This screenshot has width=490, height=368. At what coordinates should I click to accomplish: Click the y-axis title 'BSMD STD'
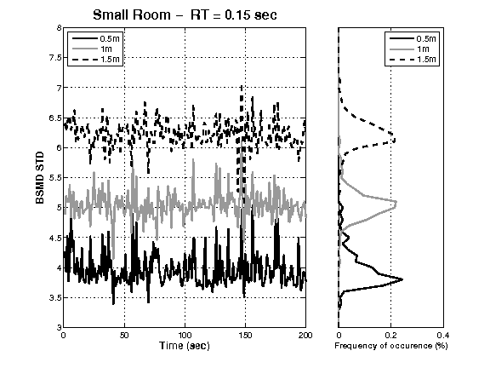(x=39, y=177)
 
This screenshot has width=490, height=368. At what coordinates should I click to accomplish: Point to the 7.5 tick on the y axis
(x=55, y=58)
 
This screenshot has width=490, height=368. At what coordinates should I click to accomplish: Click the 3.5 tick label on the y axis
(x=55, y=297)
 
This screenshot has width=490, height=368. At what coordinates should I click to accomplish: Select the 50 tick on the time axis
(x=124, y=335)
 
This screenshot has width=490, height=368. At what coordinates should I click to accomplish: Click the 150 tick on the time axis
(x=244, y=335)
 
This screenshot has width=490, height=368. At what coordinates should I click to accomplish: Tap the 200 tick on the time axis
(x=304, y=335)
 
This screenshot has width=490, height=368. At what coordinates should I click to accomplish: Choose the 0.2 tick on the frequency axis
(x=390, y=335)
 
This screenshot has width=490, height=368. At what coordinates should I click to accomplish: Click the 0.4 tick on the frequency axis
(x=442, y=335)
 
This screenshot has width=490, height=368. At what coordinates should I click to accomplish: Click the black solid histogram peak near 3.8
(x=401, y=279)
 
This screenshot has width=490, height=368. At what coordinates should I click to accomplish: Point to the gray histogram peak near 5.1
(x=396, y=203)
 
